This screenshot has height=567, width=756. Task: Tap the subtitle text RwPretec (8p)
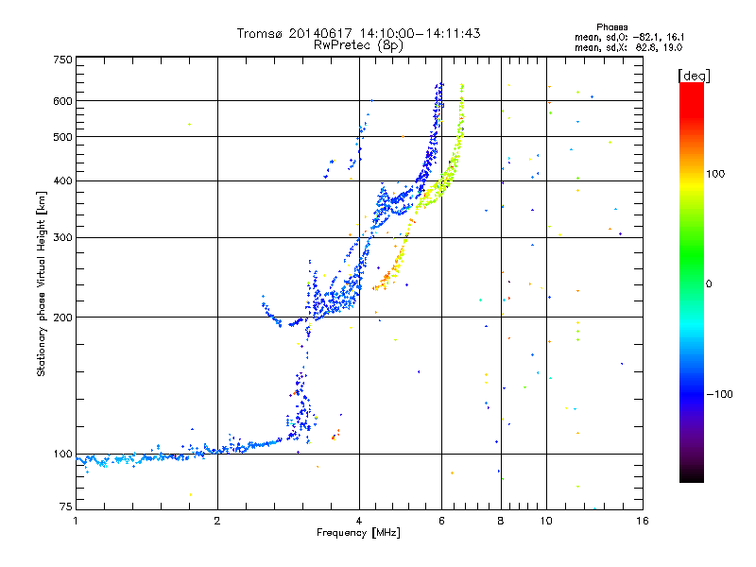click(358, 45)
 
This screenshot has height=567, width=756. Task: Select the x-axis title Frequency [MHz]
click(358, 532)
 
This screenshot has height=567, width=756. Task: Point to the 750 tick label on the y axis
click(62, 60)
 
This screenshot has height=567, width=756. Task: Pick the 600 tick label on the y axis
click(62, 101)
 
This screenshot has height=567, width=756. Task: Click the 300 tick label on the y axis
click(62, 238)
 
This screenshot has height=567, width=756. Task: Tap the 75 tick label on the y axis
click(66, 507)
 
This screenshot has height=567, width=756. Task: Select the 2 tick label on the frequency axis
click(217, 521)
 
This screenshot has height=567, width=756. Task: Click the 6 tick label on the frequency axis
click(441, 521)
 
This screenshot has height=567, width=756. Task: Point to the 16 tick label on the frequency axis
click(643, 521)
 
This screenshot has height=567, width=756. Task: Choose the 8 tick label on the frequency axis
click(501, 521)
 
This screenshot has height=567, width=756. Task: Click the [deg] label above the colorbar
click(694, 77)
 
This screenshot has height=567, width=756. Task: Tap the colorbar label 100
click(715, 174)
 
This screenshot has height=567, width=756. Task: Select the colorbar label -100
click(720, 394)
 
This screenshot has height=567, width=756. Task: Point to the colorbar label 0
click(709, 284)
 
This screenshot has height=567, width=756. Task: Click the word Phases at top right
click(611, 27)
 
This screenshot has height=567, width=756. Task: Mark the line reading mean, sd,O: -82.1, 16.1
click(629, 37)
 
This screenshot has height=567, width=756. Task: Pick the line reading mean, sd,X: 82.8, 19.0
click(628, 48)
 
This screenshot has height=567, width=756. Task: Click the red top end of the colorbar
click(692, 85)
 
